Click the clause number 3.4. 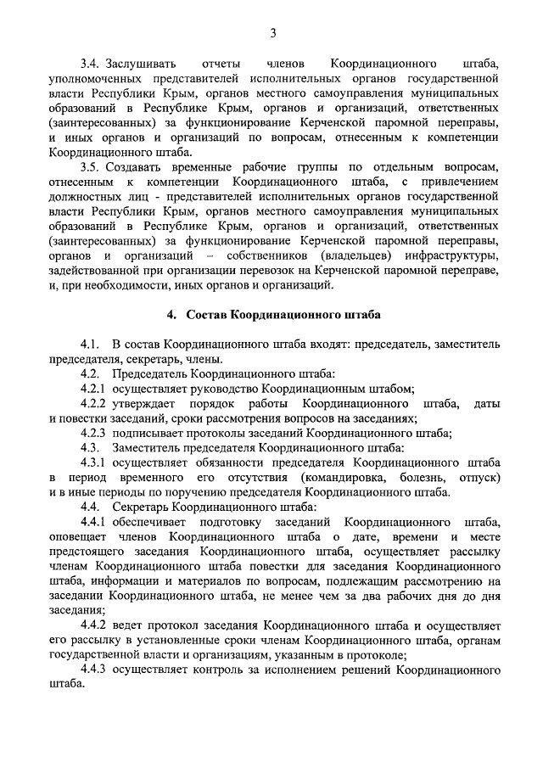(91, 64)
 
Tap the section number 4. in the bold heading (171, 314)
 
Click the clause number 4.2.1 (93, 389)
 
